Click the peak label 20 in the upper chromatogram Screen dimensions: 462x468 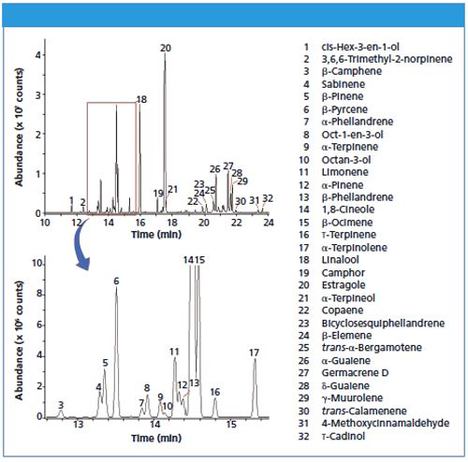click(166, 48)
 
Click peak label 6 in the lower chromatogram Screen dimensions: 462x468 click(117, 281)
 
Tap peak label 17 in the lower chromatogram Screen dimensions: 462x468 click(254, 353)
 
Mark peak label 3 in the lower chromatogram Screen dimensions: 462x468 click(61, 405)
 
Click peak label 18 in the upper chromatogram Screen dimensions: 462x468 click(142, 100)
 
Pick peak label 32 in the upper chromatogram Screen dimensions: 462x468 click(268, 198)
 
